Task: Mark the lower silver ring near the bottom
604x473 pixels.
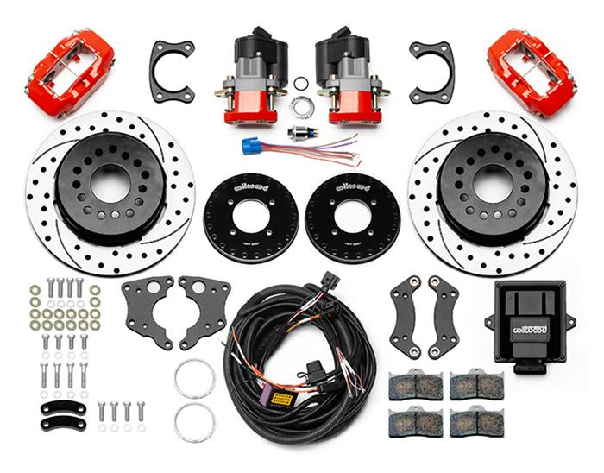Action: click(x=194, y=422)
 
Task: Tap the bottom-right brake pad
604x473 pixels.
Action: click(x=475, y=422)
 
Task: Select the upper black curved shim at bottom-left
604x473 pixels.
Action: click(x=63, y=407)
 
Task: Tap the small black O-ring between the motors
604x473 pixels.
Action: click(x=301, y=84)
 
